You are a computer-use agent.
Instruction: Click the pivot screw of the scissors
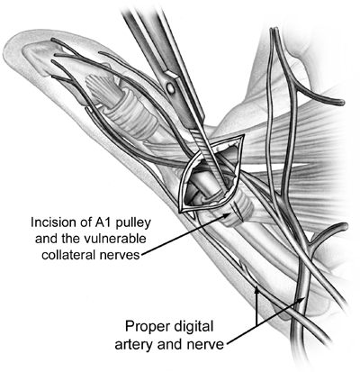pyautogui.click(x=171, y=87)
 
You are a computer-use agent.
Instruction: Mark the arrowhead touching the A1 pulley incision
pyautogui.click(x=228, y=215)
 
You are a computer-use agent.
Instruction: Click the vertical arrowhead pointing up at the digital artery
pyautogui.click(x=256, y=291)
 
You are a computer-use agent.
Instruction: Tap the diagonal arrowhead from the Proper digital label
pyautogui.click(x=302, y=299)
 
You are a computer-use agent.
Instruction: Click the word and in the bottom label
pyautogui.click(x=169, y=344)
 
